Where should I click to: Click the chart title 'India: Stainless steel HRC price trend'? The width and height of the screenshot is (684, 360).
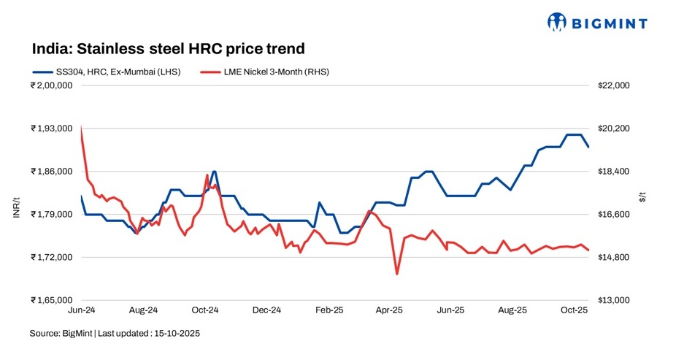[168, 49]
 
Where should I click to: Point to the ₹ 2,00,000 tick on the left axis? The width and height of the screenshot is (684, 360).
[51, 85]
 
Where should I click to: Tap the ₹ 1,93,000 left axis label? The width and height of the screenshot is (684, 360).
[51, 129]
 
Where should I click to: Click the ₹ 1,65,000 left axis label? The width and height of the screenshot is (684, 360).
[51, 300]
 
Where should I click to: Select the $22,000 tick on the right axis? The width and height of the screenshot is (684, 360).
[613, 85]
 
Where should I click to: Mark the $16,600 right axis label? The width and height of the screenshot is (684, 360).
[613, 215]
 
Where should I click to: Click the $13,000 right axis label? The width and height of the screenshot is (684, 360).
[613, 300]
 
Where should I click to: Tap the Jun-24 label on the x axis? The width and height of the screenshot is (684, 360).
[81, 310]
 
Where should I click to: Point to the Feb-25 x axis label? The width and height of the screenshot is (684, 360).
[329, 310]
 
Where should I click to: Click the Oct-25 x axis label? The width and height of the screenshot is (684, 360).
[575, 310]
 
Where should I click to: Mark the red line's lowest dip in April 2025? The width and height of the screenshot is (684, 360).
[396, 274]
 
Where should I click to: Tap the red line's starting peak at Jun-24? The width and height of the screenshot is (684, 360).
[81, 127]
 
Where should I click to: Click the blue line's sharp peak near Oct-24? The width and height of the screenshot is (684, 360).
[214, 172]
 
